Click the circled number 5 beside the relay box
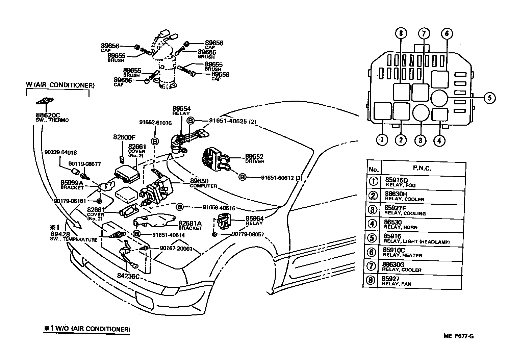click(490, 98)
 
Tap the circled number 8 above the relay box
click(401, 33)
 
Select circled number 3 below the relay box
click(420, 140)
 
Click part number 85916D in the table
click(396, 180)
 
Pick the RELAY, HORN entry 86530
click(401, 224)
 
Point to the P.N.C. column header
click(422, 168)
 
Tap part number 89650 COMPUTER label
click(203, 183)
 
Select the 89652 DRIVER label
click(255, 159)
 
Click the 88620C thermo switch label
click(52, 118)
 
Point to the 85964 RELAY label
click(254, 220)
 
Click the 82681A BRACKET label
click(190, 225)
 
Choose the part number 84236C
click(128, 276)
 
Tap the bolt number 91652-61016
click(155, 123)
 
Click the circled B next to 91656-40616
click(180, 207)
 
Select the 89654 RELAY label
click(181, 111)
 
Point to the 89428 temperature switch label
click(74, 237)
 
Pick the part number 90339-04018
click(60, 152)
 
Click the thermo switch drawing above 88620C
click(45, 101)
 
